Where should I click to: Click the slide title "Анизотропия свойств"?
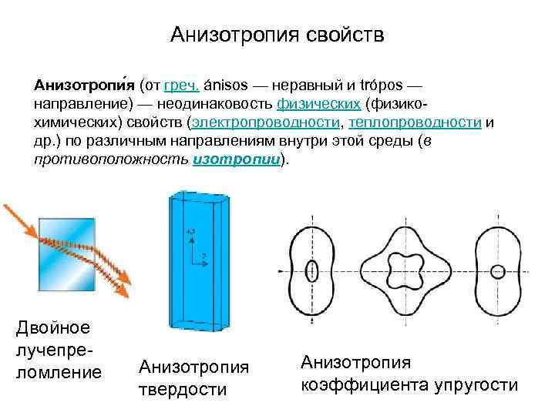tap(277, 35)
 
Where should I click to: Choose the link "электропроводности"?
tap(266, 122)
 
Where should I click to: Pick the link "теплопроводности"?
tap(415, 122)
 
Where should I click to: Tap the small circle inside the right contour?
tap(497, 271)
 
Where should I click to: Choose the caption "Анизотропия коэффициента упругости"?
tap(409, 373)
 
